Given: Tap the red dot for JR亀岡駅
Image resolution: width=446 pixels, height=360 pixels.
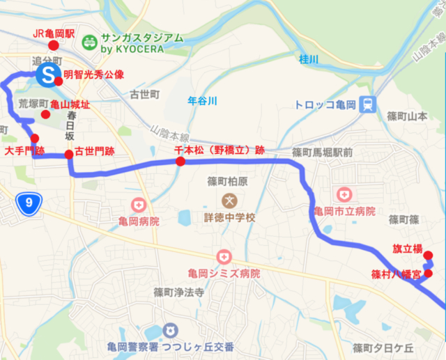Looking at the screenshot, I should [53, 46].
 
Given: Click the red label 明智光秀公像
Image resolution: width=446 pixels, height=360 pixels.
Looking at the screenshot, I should [93, 74].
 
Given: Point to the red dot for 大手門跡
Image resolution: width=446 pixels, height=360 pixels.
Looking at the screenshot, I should [34, 138].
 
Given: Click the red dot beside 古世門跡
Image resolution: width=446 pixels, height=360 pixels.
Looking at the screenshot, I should [68, 155].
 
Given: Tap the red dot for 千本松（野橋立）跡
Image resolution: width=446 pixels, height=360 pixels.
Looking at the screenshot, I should [180, 162].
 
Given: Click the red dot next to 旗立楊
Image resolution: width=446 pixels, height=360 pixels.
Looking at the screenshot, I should [428, 255].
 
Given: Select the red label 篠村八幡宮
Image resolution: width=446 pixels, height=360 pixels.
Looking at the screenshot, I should [396, 274].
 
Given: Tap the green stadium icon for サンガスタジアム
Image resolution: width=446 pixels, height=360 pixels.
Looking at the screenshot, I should [89, 42].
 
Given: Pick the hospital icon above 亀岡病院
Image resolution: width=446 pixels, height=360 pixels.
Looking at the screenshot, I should [139, 205].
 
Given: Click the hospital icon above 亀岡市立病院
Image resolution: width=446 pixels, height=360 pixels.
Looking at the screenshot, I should [344, 194].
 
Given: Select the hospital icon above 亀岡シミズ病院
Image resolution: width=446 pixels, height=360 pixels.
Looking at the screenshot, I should [223, 258].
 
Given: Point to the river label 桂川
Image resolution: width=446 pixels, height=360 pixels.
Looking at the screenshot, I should [307, 60].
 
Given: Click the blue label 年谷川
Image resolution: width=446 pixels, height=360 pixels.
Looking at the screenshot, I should [203, 101].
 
